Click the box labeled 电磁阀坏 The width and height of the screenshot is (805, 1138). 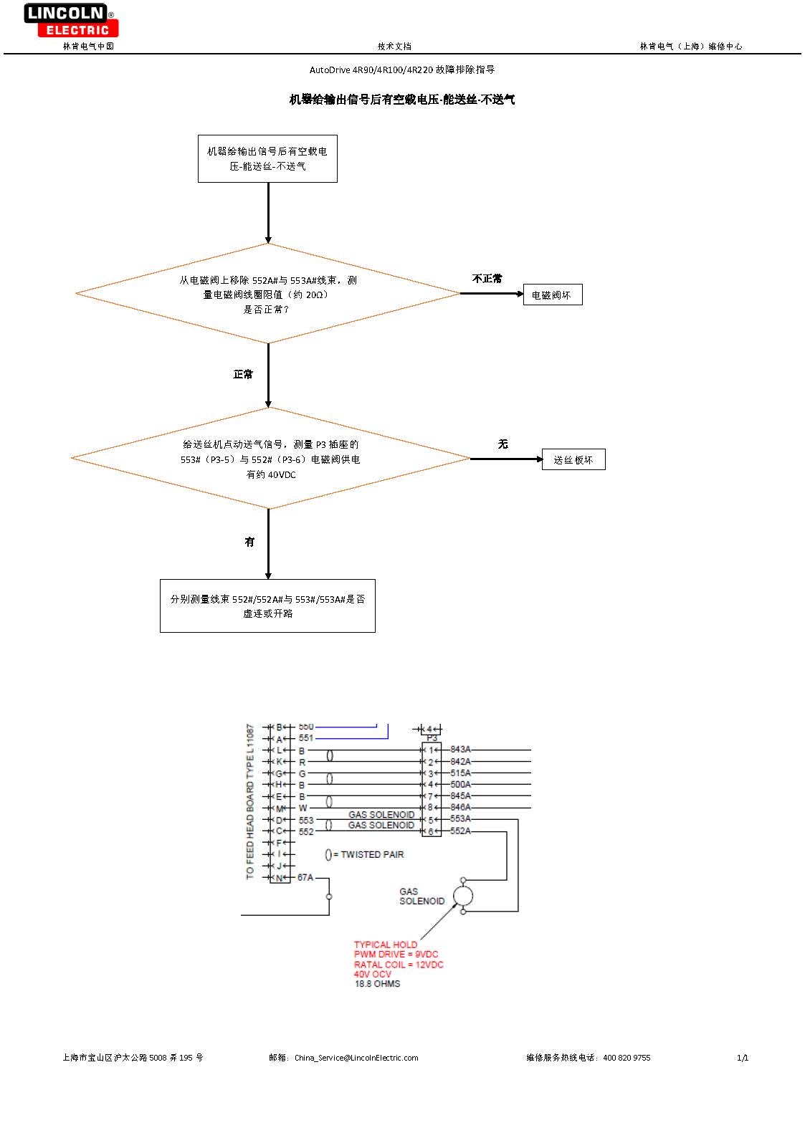click(552, 295)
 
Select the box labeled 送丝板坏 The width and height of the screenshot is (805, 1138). click(573, 459)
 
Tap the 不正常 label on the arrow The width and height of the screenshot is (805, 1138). click(487, 279)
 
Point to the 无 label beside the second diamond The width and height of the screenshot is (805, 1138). click(502, 444)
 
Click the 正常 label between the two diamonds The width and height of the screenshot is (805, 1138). click(243, 374)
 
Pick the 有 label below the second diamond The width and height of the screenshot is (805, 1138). click(249, 542)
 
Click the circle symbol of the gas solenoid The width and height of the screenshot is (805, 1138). click(462, 895)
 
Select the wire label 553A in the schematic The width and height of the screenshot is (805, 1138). click(460, 819)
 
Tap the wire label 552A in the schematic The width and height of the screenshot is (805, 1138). click(460, 831)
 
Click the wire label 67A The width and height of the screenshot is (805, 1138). click(305, 877)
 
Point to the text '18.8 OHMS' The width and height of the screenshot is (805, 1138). click(377, 984)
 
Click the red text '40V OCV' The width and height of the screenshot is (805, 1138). click(373, 974)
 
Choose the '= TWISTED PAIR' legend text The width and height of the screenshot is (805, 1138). click(368, 854)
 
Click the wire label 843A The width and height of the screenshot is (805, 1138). click(460, 750)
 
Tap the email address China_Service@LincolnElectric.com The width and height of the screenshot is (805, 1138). click(356, 1058)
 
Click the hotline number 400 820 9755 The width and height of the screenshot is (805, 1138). click(627, 1058)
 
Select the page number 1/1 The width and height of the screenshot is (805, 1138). click(743, 1058)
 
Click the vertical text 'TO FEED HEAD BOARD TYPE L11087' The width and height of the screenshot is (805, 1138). click(250, 801)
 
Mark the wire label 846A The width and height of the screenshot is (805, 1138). click(460, 808)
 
